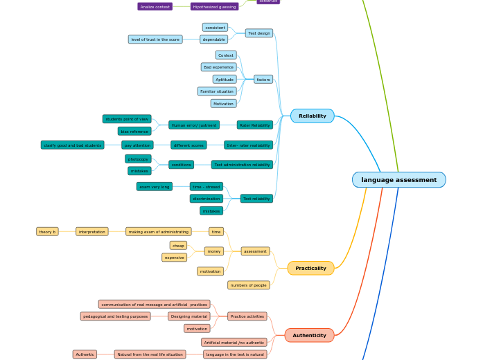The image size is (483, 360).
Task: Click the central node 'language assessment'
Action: click(398, 180)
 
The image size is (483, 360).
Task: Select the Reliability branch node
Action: click(312, 116)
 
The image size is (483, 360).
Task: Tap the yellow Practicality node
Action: click(310, 268)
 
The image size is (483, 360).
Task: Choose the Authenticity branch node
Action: click(309, 335)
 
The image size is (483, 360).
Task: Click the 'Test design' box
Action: click(259, 33)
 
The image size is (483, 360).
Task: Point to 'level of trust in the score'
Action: click(155, 39)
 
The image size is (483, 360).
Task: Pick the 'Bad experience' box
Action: click(218, 67)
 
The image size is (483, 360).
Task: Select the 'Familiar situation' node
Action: click(216, 91)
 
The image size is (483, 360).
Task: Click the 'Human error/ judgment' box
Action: click(194, 125)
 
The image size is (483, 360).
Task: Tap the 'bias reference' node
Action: click(134, 131)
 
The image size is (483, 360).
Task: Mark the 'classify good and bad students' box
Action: click(73, 145)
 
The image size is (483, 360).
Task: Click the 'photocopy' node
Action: click(138, 159)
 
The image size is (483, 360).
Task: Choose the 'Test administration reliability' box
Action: click(242, 165)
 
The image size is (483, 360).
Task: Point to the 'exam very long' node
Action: click(154, 187)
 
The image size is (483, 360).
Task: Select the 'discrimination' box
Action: click(207, 199)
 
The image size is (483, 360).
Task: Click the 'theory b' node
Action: click(47, 232)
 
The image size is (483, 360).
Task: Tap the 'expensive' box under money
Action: click(175, 258)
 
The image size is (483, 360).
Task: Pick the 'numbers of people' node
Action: click(248, 285)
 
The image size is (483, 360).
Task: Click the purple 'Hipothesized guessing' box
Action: click(214, 6)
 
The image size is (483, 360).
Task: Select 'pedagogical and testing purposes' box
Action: click(115, 316)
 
